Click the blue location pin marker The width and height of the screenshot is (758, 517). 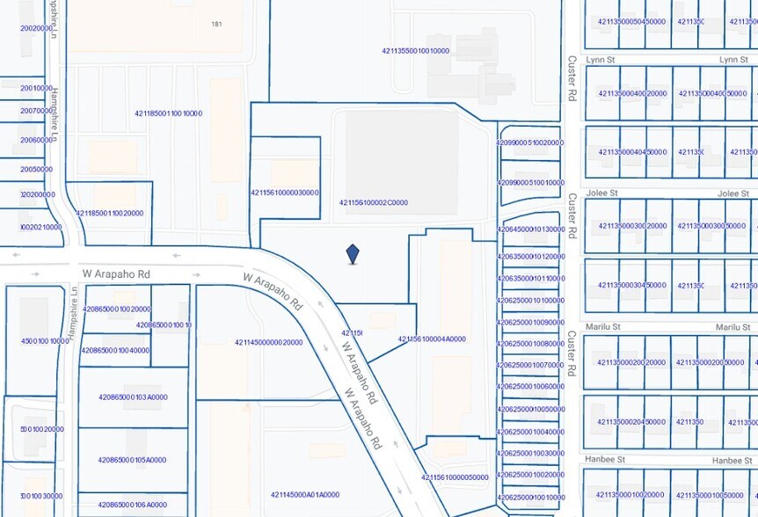(x=353, y=254)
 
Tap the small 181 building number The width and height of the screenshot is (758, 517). (x=216, y=25)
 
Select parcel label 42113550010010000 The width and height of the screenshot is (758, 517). (x=416, y=51)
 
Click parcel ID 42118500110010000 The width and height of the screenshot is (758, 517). (x=169, y=113)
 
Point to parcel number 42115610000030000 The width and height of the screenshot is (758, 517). (x=285, y=193)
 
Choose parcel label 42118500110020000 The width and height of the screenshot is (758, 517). (x=109, y=214)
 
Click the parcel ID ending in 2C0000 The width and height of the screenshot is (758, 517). (x=374, y=203)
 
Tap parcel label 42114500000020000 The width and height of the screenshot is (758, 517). (x=268, y=343)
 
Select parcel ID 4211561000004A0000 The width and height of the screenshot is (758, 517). (x=432, y=339)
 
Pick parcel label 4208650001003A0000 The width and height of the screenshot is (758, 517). (x=133, y=397)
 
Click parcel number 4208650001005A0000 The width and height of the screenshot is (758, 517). (x=132, y=460)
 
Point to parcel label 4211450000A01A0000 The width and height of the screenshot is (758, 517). (x=305, y=494)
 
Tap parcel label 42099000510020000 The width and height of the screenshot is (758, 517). (x=530, y=142)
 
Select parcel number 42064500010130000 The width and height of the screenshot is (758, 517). (x=530, y=229)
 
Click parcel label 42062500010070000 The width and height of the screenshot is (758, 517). (x=530, y=365)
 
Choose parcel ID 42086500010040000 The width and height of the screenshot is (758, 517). (x=115, y=350)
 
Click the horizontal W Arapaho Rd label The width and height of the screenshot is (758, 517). (x=116, y=274)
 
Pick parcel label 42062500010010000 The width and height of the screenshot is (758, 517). (x=530, y=498)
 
